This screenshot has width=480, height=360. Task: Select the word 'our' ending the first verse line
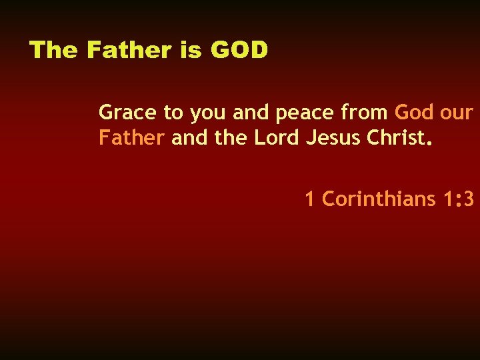(x=457, y=114)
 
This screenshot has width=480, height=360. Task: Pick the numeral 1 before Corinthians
(x=309, y=199)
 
